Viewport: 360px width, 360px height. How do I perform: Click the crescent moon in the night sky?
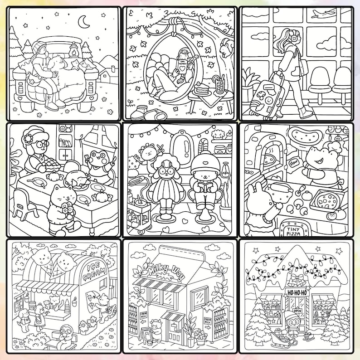pyautogui.click(x=83, y=21)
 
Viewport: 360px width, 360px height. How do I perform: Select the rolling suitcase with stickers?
pyautogui.click(x=268, y=94)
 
